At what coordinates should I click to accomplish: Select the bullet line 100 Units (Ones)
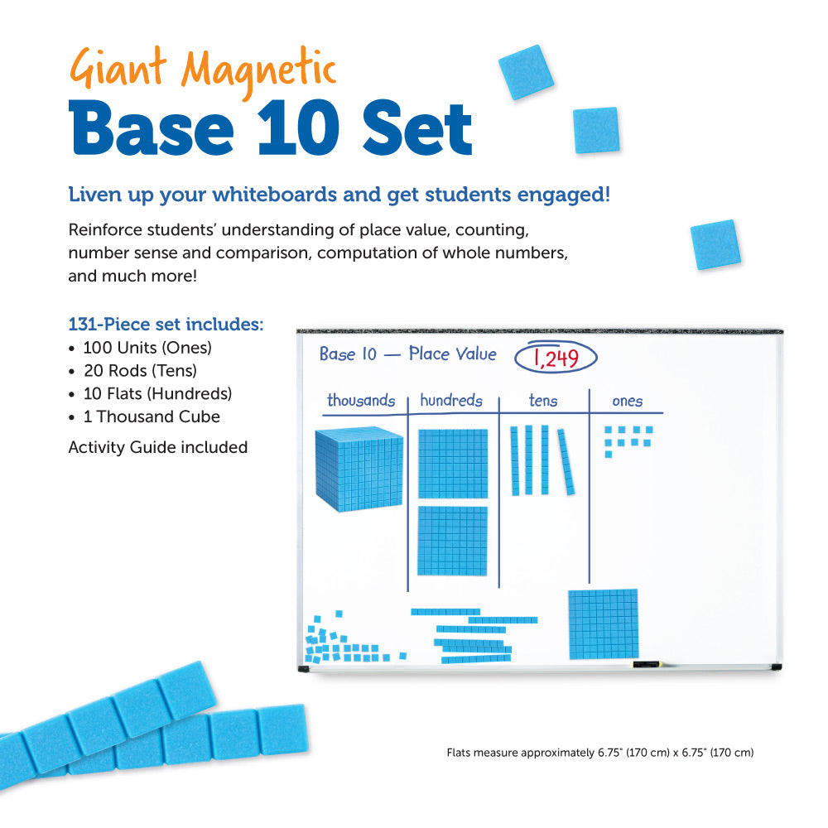pyautogui.click(x=147, y=348)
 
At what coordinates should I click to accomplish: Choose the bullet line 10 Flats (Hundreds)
pyautogui.click(x=157, y=393)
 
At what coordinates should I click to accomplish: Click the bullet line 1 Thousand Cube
pyautogui.click(x=151, y=416)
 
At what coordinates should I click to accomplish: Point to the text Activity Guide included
pyautogui.click(x=157, y=447)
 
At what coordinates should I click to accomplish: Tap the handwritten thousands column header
pyautogui.click(x=360, y=401)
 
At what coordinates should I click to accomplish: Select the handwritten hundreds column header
pyautogui.click(x=450, y=401)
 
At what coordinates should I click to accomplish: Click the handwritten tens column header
pyautogui.click(x=543, y=402)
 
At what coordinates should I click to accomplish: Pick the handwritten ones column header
pyautogui.click(x=627, y=402)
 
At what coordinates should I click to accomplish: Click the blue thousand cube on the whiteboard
pyautogui.click(x=359, y=469)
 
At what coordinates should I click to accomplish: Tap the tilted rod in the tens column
pyautogui.click(x=566, y=461)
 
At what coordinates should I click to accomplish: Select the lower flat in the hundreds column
pyautogui.click(x=452, y=540)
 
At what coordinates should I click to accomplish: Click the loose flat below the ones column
pyautogui.click(x=603, y=623)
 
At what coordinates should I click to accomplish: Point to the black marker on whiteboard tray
pyautogui.click(x=646, y=665)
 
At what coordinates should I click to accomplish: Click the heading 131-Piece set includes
pyautogui.click(x=166, y=324)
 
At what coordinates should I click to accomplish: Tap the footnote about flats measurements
pyautogui.click(x=599, y=753)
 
